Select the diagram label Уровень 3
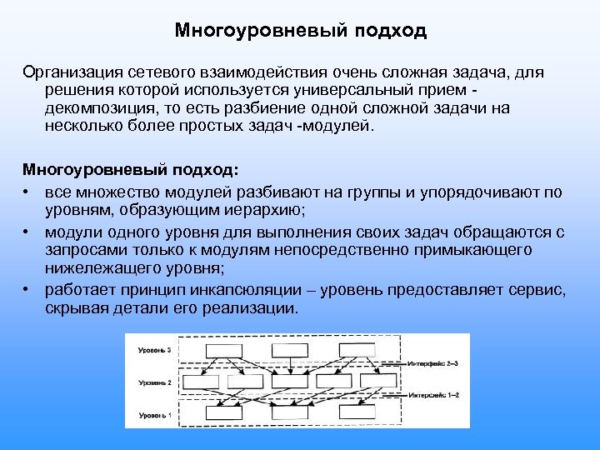click(154, 351)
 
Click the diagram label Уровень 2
click(154, 382)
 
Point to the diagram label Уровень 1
click(154, 414)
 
